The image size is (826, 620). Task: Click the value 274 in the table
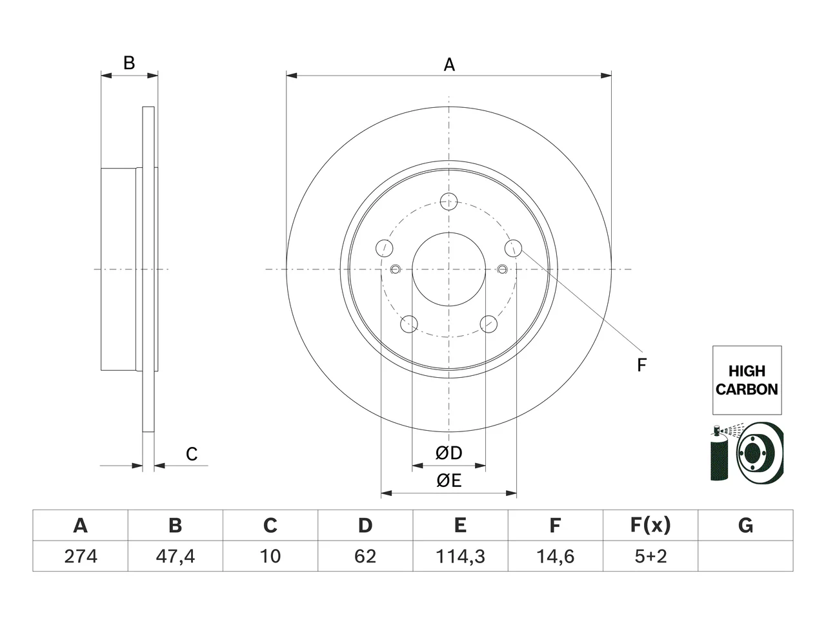tap(81, 556)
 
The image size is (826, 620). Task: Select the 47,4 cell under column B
tap(176, 556)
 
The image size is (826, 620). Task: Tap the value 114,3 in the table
tap(460, 556)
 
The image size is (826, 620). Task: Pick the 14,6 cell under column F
tap(556, 556)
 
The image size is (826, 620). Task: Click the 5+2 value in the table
tap(650, 556)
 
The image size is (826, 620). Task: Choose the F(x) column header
tap(650, 525)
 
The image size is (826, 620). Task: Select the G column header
tap(745, 525)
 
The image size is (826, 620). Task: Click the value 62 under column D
tap(365, 556)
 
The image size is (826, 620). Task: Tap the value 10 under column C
tap(270, 556)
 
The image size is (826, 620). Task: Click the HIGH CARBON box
tap(747, 380)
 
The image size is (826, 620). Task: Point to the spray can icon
tap(719, 453)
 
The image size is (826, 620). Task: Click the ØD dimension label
tap(448, 453)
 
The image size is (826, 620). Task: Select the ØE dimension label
tap(448, 480)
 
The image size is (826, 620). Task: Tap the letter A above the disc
tap(449, 65)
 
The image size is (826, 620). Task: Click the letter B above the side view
tap(129, 63)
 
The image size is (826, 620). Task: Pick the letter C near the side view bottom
tap(192, 454)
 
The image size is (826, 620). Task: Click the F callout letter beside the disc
tap(641, 365)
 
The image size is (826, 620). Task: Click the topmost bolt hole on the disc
tap(448, 201)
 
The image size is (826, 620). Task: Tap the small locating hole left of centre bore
tap(395, 269)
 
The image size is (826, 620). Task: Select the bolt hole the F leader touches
tap(513, 249)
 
